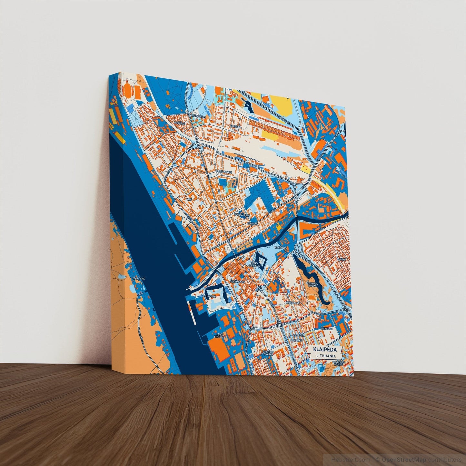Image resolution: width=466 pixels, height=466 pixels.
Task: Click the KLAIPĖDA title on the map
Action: (x=325, y=350)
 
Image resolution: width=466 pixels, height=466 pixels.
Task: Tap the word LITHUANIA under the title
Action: (x=325, y=356)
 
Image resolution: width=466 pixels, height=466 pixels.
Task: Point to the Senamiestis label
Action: (x=237, y=281)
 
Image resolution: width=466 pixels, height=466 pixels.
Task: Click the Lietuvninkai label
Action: (x=224, y=173)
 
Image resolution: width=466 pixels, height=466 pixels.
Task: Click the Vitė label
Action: (x=189, y=200)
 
